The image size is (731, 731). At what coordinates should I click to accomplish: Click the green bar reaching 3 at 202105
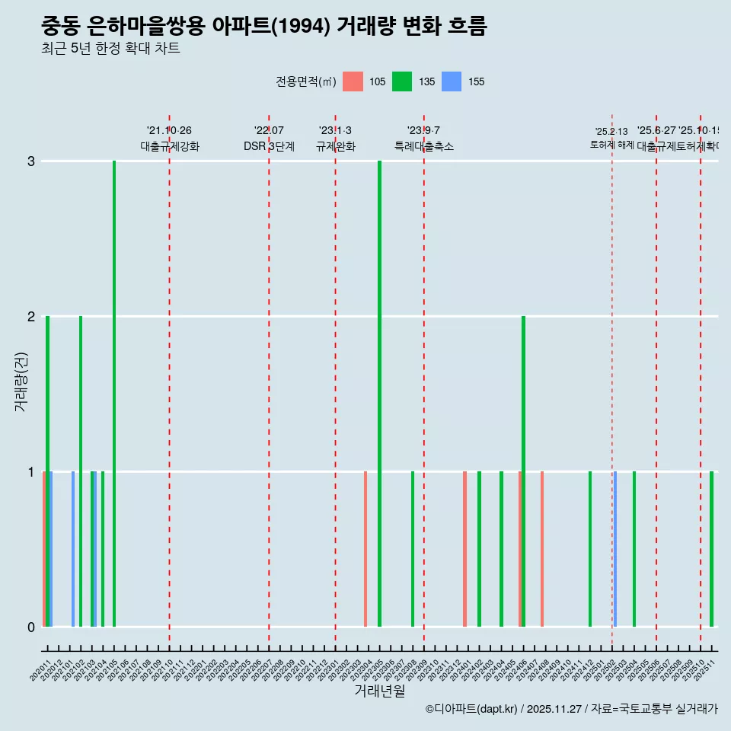pos(114,394)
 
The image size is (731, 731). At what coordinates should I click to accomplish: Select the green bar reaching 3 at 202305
pos(379,394)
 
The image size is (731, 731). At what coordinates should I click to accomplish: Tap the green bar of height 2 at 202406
pos(523,471)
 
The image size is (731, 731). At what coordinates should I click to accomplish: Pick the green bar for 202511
pos(712,549)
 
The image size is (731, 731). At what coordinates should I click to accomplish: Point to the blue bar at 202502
pos(615,549)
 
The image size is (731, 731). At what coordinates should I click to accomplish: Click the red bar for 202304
pos(365,549)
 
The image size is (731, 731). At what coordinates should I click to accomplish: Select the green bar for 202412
pos(590,549)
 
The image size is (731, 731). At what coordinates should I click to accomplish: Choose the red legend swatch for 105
pos(353,81)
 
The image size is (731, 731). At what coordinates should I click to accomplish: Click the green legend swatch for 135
pos(402,81)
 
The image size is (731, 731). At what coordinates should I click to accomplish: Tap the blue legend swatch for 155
pos(452,81)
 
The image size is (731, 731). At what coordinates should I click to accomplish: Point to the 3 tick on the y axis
pos(31,161)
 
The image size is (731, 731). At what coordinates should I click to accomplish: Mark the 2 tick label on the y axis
pos(31,317)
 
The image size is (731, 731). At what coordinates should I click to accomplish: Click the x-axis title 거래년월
pos(379,691)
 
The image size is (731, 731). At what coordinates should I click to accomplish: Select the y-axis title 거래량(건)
pos(21,381)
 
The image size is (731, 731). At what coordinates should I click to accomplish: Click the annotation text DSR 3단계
pos(269,146)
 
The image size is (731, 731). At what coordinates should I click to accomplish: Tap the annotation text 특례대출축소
pos(424,146)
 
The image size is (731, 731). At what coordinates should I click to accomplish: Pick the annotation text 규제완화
pos(335,146)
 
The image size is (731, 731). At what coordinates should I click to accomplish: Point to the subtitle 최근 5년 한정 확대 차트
pos(110,49)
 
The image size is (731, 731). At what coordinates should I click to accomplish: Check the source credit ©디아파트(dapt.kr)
pos(472,709)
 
